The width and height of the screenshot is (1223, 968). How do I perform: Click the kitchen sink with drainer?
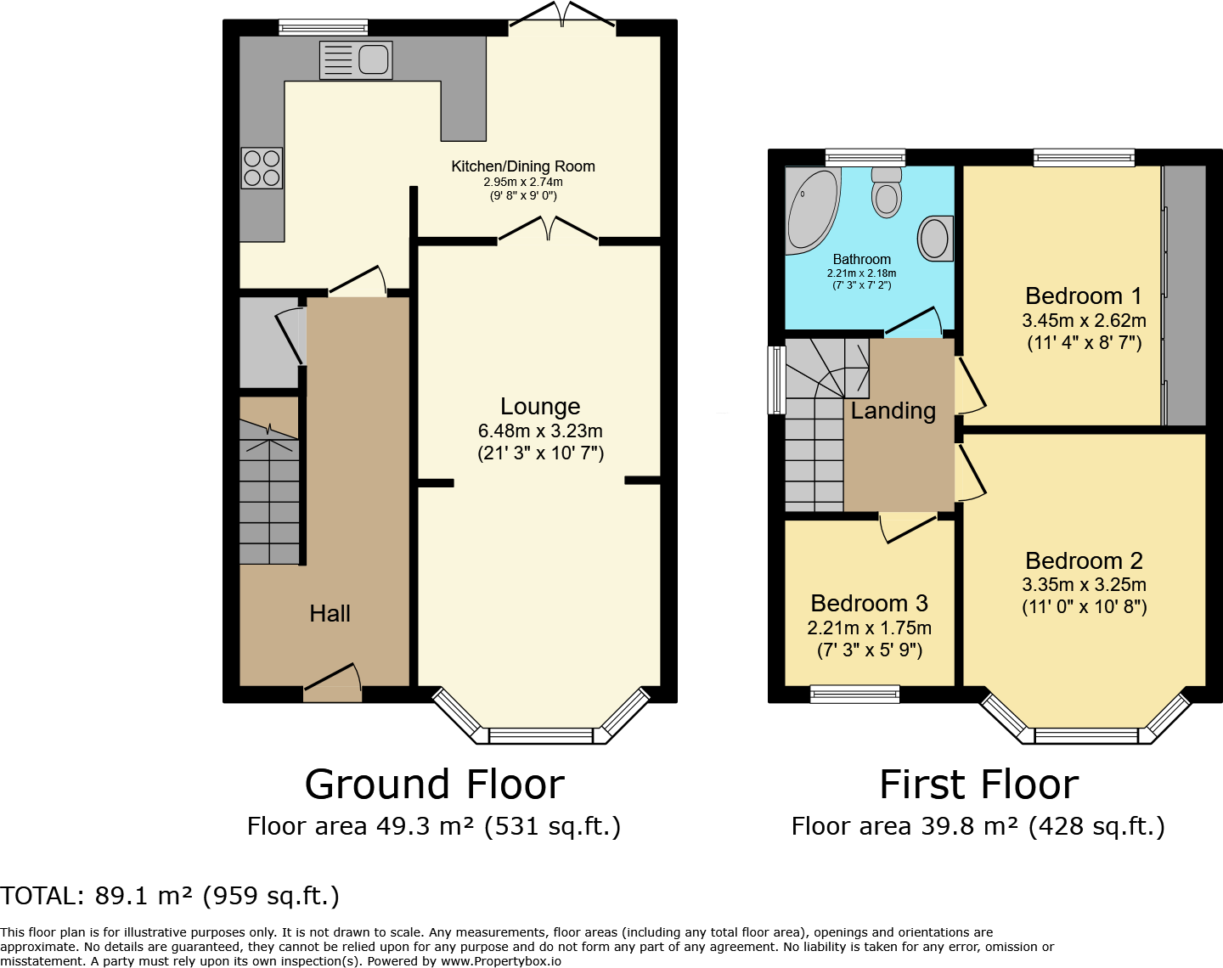click(x=356, y=59)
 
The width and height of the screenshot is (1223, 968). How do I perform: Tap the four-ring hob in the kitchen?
click(x=262, y=168)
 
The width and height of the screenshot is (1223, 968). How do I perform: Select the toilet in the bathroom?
click(x=887, y=192)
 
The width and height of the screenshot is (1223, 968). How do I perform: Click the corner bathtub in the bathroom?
click(x=812, y=211)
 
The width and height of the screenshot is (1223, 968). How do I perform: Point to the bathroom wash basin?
click(x=935, y=238)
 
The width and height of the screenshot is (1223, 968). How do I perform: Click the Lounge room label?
click(x=540, y=407)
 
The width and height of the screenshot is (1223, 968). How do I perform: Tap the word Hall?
click(x=330, y=613)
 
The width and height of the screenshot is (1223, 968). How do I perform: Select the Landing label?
click(x=893, y=410)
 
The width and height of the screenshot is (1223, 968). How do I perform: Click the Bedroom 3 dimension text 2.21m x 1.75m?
click(x=869, y=628)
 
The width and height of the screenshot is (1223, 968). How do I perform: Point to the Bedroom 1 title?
click(x=1083, y=295)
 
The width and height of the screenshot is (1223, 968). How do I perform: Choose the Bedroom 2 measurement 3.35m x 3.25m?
click(x=1084, y=584)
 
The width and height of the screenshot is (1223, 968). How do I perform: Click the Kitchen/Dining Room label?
click(x=523, y=166)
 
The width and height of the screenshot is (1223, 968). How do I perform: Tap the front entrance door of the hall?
click(x=333, y=683)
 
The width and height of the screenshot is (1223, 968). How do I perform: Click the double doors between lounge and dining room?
click(x=549, y=229)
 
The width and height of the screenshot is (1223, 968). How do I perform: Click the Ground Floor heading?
click(x=435, y=785)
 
